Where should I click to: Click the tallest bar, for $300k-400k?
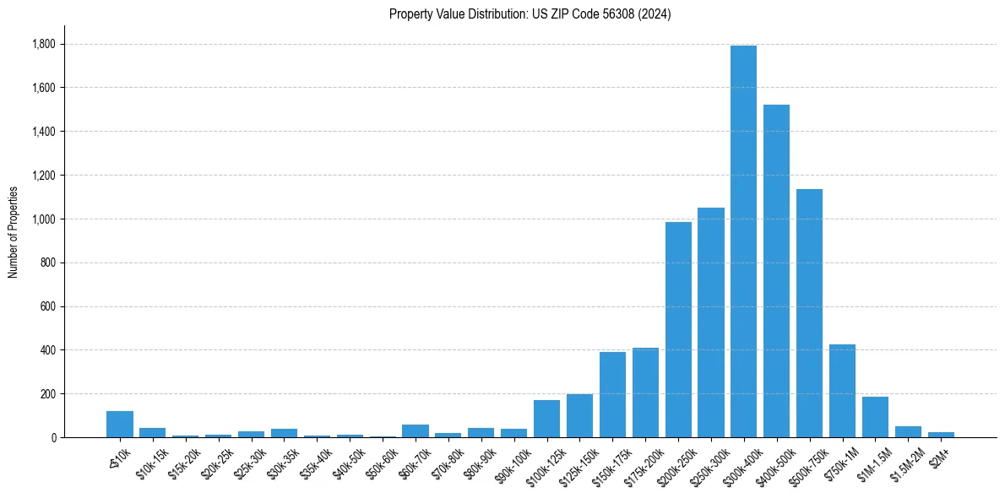pyautogui.click(x=743, y=241)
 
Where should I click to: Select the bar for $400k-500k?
pyautogui.click(x=776, y=271)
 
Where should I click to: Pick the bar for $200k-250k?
pyautogui.click(x=678, y=330)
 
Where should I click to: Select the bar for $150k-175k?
pyautogui.click(x=612, y=395)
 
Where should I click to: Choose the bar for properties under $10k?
pyautogui.click(x=120, y=425)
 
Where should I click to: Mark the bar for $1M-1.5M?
pyautogui.click(x=875, y=417)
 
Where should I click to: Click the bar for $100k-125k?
pyautogui.click(x=546, y=419)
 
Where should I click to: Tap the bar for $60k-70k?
pyautogui.click(x=415, y=431)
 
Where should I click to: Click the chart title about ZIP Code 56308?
pyautogui.click(x=530, y=14)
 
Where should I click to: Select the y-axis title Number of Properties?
pyautogui.click(x=14, y=232)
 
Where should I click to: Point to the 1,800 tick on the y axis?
pyautogui.click(x=42, y=44)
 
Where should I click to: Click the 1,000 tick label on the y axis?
pyautogui.click(x=42, y=219)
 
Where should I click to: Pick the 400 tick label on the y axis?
pyautogui.click(x=46, y=350)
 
